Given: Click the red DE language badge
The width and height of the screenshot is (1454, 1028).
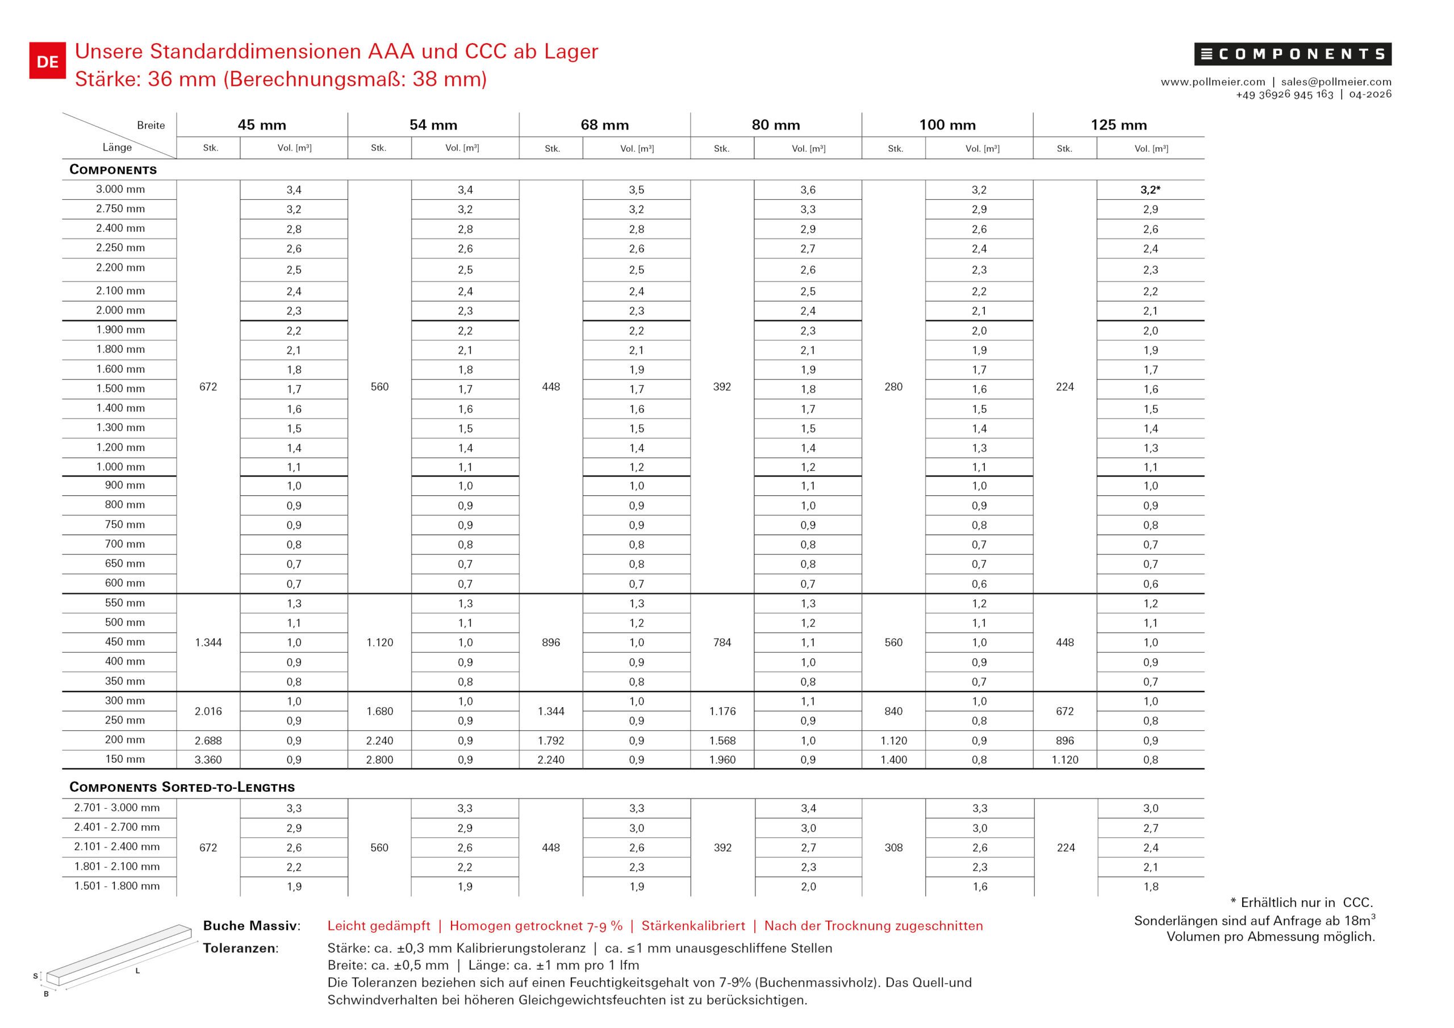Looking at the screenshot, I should point(48,61).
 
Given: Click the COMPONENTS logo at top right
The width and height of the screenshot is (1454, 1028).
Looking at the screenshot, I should point(1293,55).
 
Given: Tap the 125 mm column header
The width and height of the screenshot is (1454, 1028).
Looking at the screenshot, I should point(1118,125).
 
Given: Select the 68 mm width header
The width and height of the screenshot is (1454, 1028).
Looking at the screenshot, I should point(604,125).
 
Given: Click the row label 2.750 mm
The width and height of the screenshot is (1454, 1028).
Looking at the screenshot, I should point(120,208).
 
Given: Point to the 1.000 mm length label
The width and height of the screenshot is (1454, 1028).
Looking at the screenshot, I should point(120,467).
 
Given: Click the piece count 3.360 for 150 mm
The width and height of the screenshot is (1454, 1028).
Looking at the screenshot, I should point(208,759).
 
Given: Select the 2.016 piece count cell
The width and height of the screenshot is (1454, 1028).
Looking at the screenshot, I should point(208,711).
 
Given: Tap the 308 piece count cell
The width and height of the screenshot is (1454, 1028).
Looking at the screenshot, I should point(893,847).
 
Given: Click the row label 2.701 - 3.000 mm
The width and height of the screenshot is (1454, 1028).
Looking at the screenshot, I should point(117,808).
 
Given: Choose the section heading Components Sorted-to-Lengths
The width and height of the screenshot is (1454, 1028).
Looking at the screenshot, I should point(182,787).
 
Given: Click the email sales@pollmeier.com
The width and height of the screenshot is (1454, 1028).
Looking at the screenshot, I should point(1336,82).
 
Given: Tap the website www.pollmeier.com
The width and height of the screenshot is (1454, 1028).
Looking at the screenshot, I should point(1213,82).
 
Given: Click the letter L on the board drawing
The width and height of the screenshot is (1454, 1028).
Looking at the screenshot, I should point(137,971).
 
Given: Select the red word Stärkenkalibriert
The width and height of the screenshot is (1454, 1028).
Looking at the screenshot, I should point(693,926).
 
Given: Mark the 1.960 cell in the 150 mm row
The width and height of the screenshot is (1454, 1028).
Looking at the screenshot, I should point(722,759).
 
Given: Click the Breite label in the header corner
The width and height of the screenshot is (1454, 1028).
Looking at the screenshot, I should point(151,126).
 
